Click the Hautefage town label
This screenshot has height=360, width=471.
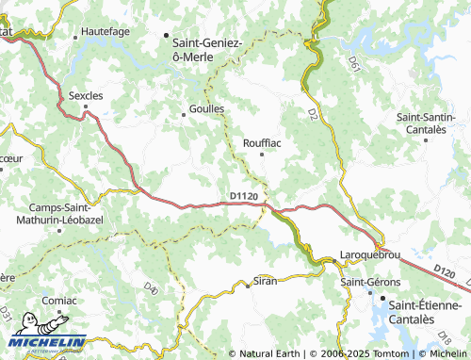pos(105,31)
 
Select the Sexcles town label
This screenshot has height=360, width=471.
pos(85,95)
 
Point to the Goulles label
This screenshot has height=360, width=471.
pos(205,108)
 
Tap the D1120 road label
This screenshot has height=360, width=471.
pos(244,196)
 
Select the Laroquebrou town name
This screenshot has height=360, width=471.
pos(370,255)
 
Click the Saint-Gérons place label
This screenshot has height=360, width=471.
pos(369,282)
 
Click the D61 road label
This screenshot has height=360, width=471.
pos(354,64)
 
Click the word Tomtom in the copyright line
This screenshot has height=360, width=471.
pos(368,353)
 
